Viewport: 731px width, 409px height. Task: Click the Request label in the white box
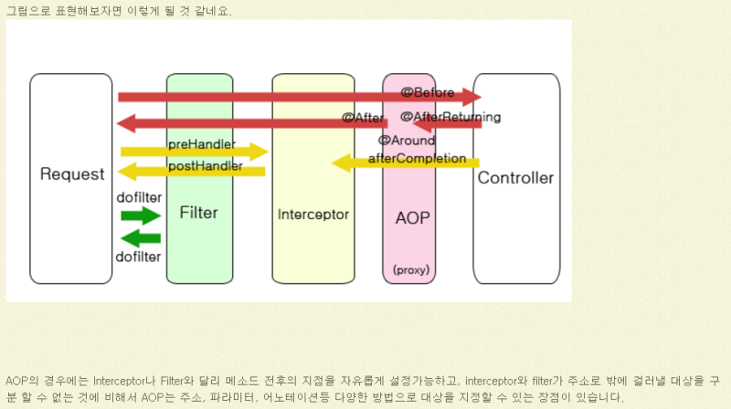pyautogui.click(x=72, y=174)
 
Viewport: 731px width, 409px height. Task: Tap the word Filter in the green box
pyautogui.click(x=198, y=213)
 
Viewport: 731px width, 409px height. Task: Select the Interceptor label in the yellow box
pyautogui.click(x=313, y=215)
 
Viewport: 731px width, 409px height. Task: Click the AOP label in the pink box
pyautogui.click(x=412, y=218)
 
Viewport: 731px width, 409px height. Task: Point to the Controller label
pyautogui.click(x=515, y=178)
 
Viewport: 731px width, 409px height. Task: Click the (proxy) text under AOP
pyautogui.click(x=411, y=269)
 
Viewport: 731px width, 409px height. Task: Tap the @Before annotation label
pyautogui.click(x=427, y=92)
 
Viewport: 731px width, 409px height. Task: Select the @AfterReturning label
pyautogui.click(x=450, y=117)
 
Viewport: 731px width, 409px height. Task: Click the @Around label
pyautogui.click(x=406, y=141)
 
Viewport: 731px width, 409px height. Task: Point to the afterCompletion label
pyautogui.click(x=423, y=159)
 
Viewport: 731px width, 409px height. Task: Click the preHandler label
pyautogui.click(x=201, y=145)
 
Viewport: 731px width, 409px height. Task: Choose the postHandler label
pyautogui.click(x=205, y=166)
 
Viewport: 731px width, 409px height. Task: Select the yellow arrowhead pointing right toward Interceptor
pyautogui.click(x=260, y=152)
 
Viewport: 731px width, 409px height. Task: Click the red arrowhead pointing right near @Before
pyautogui.click(x=471, y=97)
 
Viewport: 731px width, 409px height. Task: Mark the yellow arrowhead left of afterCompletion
pyautogui.click(x=340, y=163)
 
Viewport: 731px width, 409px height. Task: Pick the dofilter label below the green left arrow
pyautogui.click(x=139, y=257)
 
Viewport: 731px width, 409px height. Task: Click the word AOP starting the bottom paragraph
pyautogui.click(x=16, y=380)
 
